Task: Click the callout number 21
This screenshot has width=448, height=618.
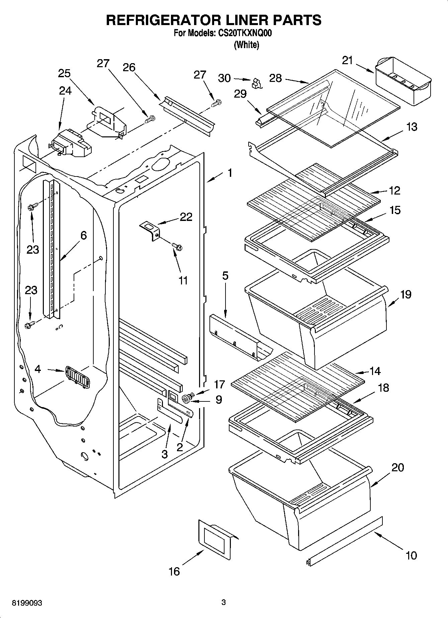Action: click(x=347, y=60)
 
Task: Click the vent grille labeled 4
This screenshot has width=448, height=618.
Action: click(x=77, y=377)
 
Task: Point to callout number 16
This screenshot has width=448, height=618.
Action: click(x=174, y=571)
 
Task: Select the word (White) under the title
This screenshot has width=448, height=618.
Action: click(x=247, y=44)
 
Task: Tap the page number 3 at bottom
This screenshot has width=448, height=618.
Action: click(x=223, y=602)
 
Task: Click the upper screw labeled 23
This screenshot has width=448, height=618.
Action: click(x=32, y=207)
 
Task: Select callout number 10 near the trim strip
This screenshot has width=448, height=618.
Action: click(x=411, y=555)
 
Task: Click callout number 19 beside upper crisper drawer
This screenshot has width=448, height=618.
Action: click(x=406, y=294)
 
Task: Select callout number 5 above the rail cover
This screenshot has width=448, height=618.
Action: click(x=225, y=276)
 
